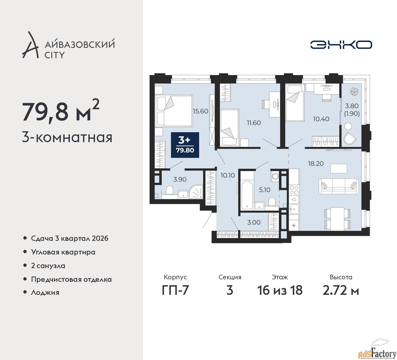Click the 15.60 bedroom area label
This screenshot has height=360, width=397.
[200, 111]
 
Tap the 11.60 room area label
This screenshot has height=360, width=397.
[254, 123]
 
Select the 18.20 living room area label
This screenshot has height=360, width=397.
[316, 164]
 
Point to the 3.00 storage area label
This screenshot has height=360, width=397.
[254, 222]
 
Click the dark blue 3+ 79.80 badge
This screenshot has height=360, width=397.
[185, 145]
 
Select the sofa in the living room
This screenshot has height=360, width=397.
[339, 186]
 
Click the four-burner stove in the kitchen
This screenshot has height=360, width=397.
[294, 190]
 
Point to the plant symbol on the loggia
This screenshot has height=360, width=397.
[354, 92]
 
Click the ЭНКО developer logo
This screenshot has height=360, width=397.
[341, 45]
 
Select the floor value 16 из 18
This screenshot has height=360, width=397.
[280, 290]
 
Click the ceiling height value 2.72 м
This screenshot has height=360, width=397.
[341, 290]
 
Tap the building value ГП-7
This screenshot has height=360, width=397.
[175, 290]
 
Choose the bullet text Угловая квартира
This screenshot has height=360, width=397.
[63, 252]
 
